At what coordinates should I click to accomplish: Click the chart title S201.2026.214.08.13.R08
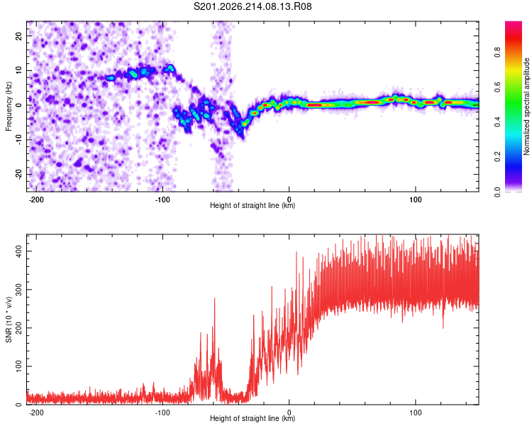point(253,6)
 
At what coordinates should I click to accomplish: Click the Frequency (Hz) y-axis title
point(9,106)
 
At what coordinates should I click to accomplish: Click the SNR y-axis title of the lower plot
point(9,319)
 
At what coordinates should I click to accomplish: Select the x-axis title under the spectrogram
point(253,205)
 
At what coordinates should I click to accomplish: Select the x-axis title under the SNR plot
point(253,418)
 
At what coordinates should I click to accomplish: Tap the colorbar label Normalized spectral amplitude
point(526,106)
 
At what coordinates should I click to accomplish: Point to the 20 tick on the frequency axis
point(19,35)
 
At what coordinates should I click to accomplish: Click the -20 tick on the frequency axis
point(19,174)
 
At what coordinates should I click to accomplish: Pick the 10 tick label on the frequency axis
point(19,70)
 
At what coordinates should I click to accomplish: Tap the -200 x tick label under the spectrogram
point(35,200)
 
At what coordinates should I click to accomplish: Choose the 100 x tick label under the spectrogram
point(415,200)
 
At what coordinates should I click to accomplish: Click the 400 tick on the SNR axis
point(19,251)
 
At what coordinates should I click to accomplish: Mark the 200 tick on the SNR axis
point(19,328)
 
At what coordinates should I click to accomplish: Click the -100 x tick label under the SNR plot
point(162,413)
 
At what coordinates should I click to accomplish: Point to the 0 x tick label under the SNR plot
point(289,413)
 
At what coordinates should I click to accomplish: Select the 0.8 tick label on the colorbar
point(497,53)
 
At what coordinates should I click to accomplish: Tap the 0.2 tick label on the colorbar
point(497,157)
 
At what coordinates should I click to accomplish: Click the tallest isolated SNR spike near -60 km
point(214,299)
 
